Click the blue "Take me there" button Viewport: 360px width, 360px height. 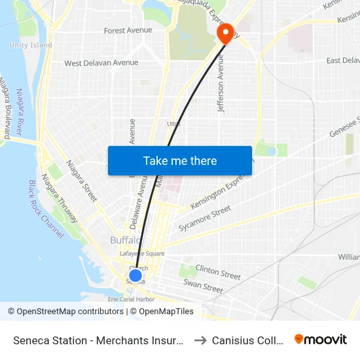[180, 160]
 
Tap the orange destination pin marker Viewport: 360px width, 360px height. [225, 33]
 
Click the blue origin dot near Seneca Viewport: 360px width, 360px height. [135, 276]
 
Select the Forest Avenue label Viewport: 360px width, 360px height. [128, 31]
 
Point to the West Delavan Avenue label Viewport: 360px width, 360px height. [101, 63]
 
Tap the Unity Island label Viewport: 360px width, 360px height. [31, 45]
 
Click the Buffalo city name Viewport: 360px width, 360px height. [125, 240]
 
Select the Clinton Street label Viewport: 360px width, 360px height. [218, 271]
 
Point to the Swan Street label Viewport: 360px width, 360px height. [204, 286]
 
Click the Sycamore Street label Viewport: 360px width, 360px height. [204, 219]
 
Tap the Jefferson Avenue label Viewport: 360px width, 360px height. [221, 83]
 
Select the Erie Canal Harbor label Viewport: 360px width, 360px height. [132, 299]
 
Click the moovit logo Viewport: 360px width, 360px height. [321, 340]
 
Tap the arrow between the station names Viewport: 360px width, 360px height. [200, 340]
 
